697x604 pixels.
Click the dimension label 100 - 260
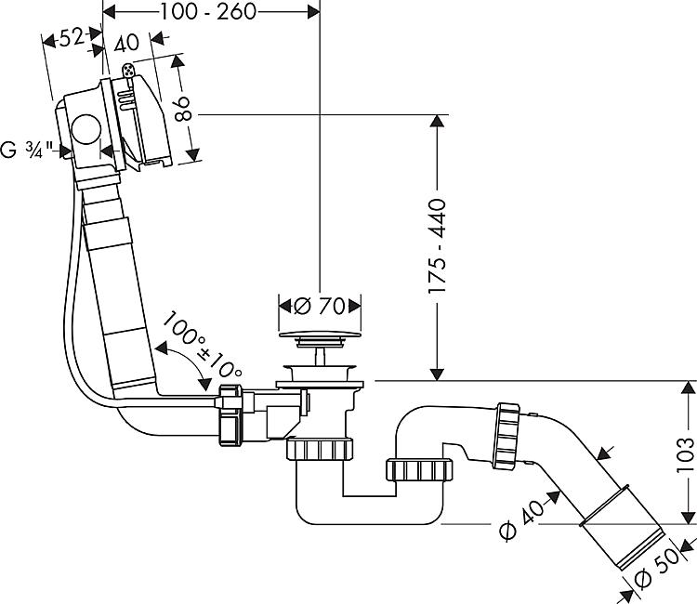(208, 12)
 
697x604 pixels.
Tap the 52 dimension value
(72, 38)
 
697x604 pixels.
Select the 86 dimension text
(182, 109)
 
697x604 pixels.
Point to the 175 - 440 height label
(437, 245)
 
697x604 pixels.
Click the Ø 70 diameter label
(319, 306)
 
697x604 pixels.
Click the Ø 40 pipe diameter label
(521, 519)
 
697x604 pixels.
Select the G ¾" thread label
(27, 150)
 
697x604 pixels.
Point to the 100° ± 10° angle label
(203, 346)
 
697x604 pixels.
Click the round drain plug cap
(320, 335)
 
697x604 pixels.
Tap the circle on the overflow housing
(85, 129)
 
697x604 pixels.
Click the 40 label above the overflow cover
(126, 44)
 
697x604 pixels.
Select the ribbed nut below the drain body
(320, 449)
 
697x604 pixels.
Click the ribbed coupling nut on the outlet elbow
(506, 435)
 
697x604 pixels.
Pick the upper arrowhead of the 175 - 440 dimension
(438, 122)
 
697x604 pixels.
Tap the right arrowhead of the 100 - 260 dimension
(313, 12)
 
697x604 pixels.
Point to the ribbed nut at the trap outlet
(420, 469)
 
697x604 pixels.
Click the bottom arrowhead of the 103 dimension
(688, 517)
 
